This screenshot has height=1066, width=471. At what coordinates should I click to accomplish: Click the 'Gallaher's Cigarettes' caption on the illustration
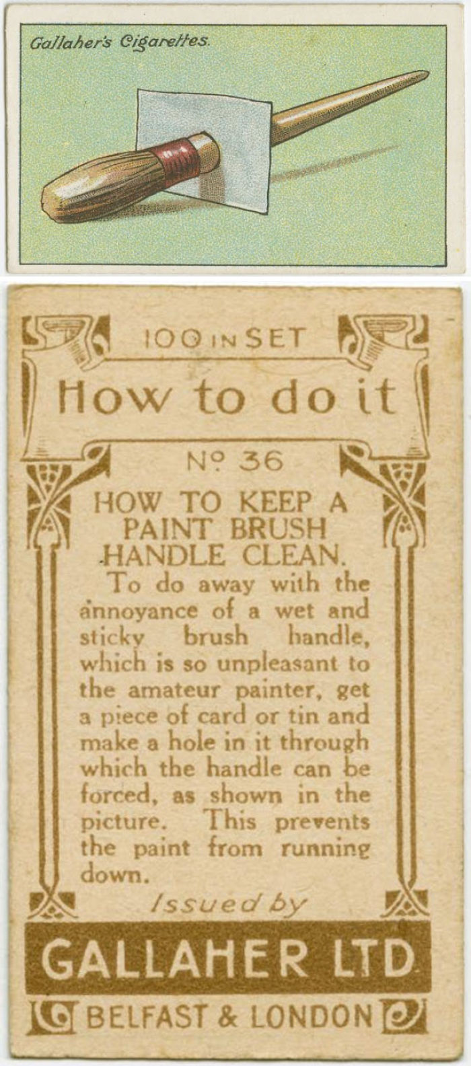(x=120, y=42)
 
